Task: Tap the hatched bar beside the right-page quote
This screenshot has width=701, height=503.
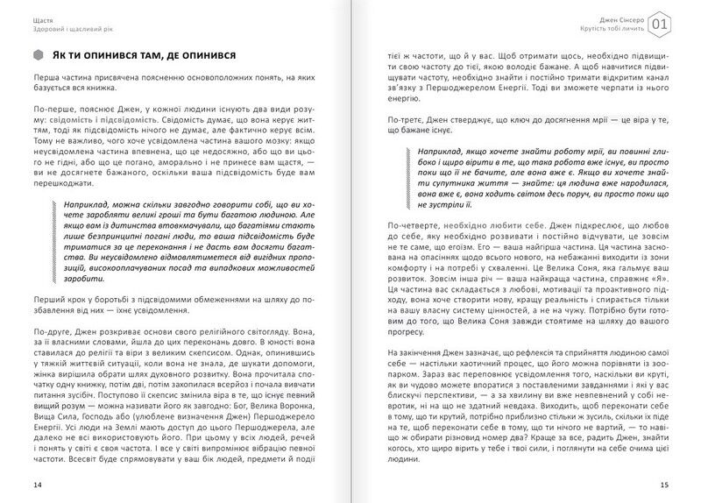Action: [x=404, y=179]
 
